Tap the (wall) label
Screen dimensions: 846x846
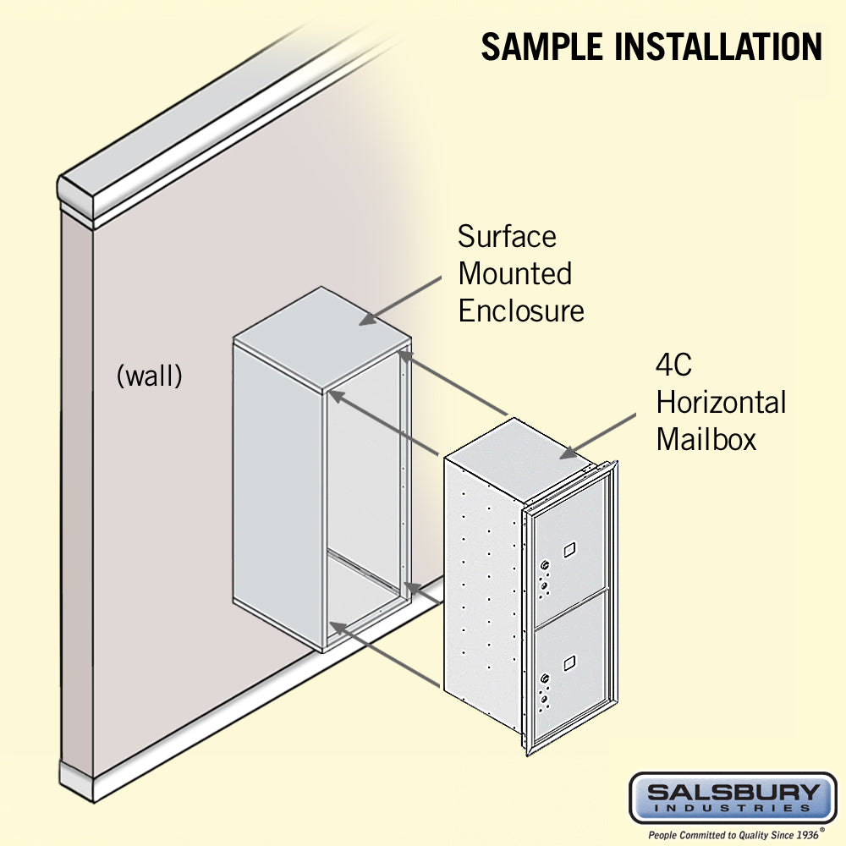[149, 376]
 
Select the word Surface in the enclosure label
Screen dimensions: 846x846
[507, 236]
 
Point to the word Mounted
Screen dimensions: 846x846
[514, 273]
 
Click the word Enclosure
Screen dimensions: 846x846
[521, 310]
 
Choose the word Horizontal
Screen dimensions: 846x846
[721, 403]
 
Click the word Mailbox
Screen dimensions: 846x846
[706, 440]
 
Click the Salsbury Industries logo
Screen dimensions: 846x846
[733, 797]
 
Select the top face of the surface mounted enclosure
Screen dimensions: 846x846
[321, 334]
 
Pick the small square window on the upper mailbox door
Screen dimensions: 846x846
[568, 551]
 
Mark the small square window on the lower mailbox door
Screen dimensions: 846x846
[568, 656]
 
